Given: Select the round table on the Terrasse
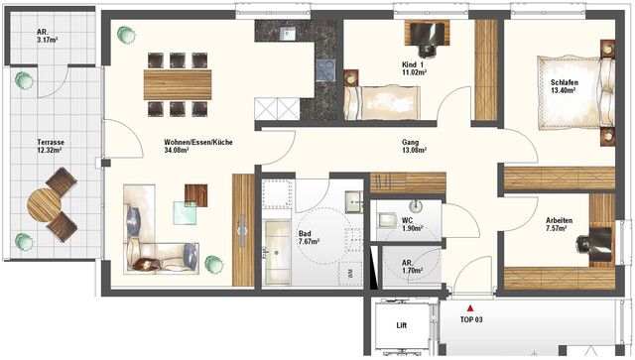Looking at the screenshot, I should click(45, 206).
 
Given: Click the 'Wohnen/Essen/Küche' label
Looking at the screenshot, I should click(198, 143).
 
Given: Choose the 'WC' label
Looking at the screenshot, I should click(407, 220).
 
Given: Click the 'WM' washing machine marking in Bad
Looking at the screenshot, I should click(349, 270).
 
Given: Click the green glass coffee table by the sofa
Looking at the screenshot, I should click(186, 211).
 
